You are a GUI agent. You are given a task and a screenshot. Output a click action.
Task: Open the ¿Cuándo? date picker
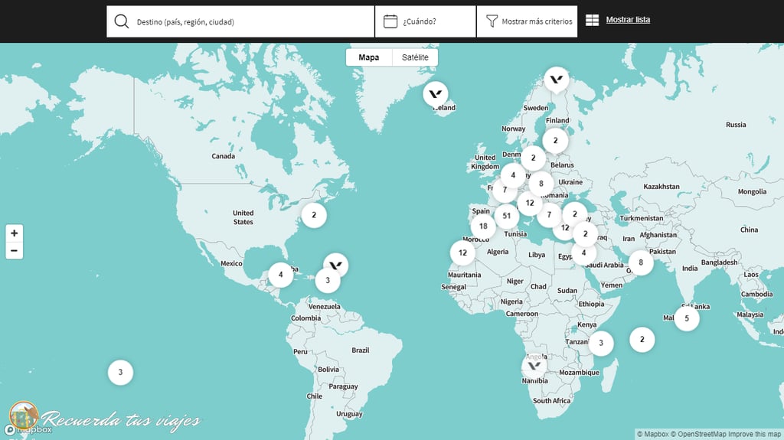425,21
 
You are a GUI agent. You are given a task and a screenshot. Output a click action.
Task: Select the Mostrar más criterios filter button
528,21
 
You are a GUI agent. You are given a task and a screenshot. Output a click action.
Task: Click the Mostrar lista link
628,20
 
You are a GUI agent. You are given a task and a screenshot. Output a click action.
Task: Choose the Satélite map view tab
415,57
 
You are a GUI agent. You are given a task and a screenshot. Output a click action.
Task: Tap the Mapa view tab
369,57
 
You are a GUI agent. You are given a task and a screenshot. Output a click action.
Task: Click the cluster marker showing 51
507,216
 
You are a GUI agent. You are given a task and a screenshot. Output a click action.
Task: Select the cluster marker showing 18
483,226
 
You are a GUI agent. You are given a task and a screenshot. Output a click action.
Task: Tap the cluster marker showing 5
687,318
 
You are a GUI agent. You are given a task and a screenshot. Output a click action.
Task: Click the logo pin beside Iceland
436,94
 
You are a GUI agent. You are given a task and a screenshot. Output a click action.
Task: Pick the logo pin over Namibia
534,365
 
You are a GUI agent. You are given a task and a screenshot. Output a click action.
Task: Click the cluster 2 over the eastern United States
314,215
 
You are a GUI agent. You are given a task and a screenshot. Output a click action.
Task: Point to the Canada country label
224,156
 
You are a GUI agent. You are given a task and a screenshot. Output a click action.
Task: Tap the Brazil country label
360,350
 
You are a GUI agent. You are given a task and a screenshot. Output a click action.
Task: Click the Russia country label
736,125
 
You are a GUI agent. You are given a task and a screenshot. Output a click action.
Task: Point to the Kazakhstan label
661,187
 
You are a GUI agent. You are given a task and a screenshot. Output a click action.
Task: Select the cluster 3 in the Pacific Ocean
120,373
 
